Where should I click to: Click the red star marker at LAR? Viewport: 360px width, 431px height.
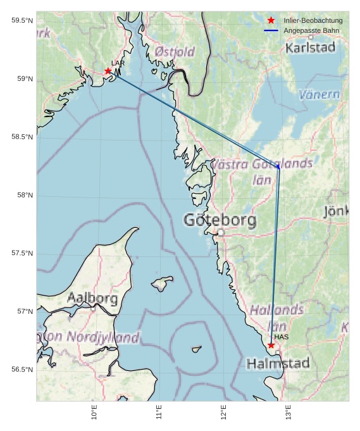(x=108, y=71)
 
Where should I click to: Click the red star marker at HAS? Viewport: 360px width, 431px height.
(x=271, y=345)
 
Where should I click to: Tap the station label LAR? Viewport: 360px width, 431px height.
(x=118, y=63)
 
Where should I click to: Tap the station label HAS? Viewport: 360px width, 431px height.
(x=281, y=337)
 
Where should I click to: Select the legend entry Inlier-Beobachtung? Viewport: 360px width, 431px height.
(x=313, y=21)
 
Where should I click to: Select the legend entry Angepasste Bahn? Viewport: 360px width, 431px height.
(x=311, y=30)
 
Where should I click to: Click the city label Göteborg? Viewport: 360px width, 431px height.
(x=220, y=220)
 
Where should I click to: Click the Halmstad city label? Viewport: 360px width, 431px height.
(x=278, y=363)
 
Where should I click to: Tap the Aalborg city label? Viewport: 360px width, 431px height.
(x=92, y=297)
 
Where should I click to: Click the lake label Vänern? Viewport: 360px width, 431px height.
(x=319, y=94)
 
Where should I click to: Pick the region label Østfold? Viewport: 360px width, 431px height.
(x=175, y=51)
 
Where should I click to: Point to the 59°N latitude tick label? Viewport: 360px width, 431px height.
(x=22, y=79)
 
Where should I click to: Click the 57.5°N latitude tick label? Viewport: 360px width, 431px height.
(x=22, y=253)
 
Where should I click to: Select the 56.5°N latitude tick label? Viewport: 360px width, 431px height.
(x=22, y=370)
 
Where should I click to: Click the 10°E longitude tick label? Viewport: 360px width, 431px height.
(x=94, y=413)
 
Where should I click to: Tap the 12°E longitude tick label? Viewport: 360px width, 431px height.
(x=224, y=413)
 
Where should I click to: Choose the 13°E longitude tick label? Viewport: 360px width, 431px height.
(x=289, y=413)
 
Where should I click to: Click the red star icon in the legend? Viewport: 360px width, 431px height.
(x=271, y=21)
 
